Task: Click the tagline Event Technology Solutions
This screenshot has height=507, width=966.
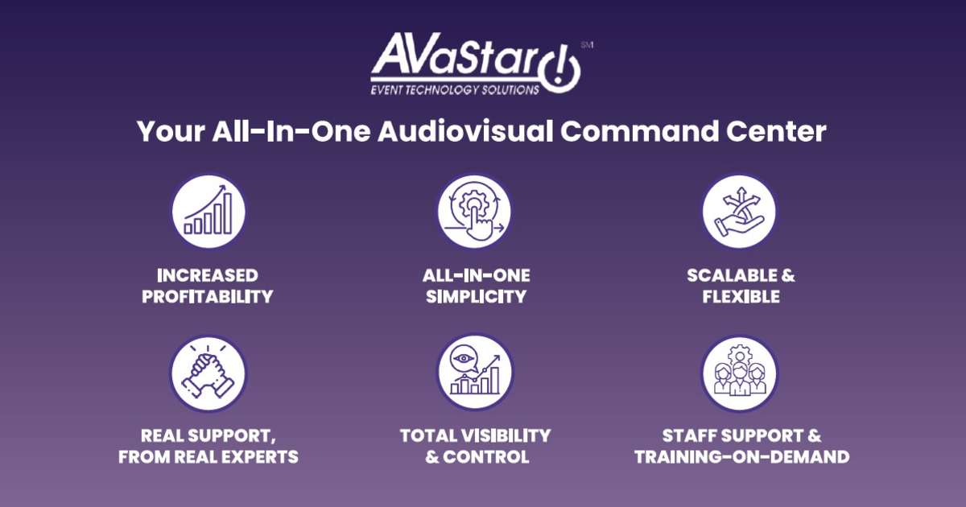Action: pos(455,89)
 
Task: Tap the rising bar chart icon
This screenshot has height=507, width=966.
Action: pos(208,211)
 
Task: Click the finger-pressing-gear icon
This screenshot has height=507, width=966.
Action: pos(474,211)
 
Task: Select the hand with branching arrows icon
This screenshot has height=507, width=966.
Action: pos(739,211)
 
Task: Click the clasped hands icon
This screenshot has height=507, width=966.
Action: pos(208,373)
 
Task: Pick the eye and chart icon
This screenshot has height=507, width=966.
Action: pos(475,373)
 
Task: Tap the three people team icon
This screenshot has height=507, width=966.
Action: pos(740,373)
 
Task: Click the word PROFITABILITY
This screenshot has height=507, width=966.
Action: pos(208,297)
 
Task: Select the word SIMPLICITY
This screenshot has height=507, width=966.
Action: pos(476,297)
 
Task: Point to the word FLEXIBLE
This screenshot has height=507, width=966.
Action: pos(741,297)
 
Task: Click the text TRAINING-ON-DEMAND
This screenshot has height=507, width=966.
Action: pos(742,457)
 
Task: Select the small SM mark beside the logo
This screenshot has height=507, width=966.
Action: pos(587,44)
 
